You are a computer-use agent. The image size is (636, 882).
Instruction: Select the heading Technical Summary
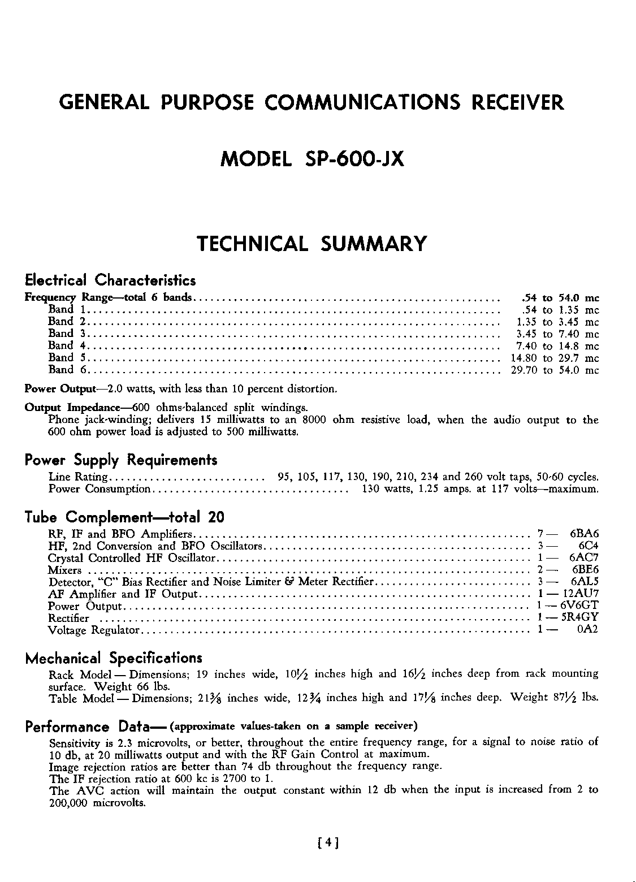pyautogui.click(x=311, y=244)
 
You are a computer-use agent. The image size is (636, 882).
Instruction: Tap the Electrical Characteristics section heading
pyautogui.click(x=111, y=280)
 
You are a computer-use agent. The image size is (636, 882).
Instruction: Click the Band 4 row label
pyautogui.click(x=67, y=345)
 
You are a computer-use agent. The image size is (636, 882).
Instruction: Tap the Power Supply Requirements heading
pyautogui.click(x=121, y=460)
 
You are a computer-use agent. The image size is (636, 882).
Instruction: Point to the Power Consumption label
pyautogui.click(x=99, y=489)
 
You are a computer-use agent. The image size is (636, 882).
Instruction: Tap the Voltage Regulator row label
pyautogui.click(x=93, y=630)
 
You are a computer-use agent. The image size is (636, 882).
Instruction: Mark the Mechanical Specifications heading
pyautogui.click(x=114, y=659)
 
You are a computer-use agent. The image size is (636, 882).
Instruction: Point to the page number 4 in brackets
pyautogui.click(x=328, y=844)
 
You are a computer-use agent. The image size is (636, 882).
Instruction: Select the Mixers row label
pyautogui.click(x=65, y=570)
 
